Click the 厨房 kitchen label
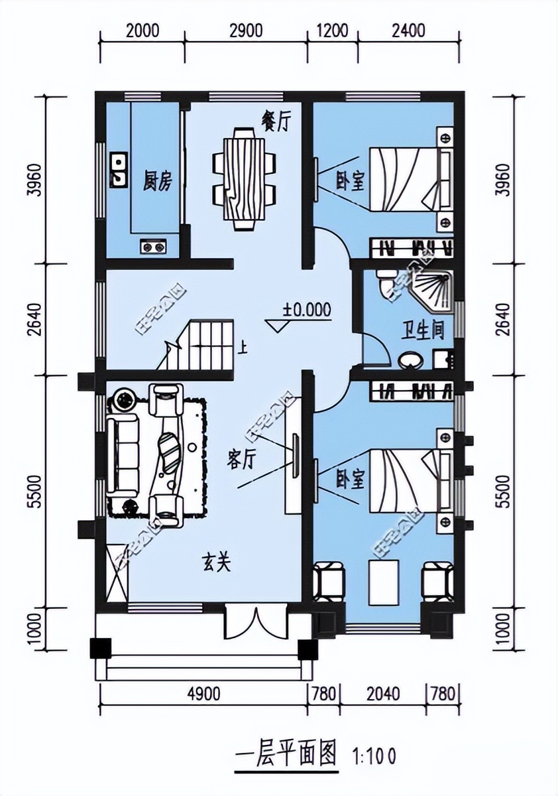tap(157, 180)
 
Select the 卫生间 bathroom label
tap(422, 329)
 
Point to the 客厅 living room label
tap(241, 460)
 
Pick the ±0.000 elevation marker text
tap(307, 309)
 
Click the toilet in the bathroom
tap(385, 281)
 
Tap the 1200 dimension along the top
tap(333, 31)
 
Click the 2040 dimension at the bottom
tap(382, 694)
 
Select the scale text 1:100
tap(374, 756)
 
